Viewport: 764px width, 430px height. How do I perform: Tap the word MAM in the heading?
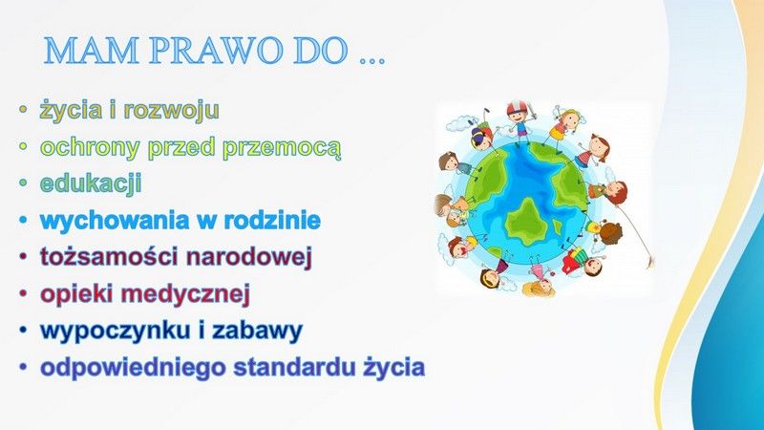[x=92, y=51]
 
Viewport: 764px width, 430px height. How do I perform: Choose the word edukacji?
[x=91, y=183]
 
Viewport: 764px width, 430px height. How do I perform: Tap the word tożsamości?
[x=108, y=257]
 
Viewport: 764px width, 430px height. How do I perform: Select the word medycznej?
[x=185, y=294]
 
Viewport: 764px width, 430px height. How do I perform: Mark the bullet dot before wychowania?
[x=23, y=221]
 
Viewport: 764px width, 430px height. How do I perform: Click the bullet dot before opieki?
[x=23, y=294]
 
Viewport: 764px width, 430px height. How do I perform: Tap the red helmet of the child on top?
[x=518, y=107]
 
